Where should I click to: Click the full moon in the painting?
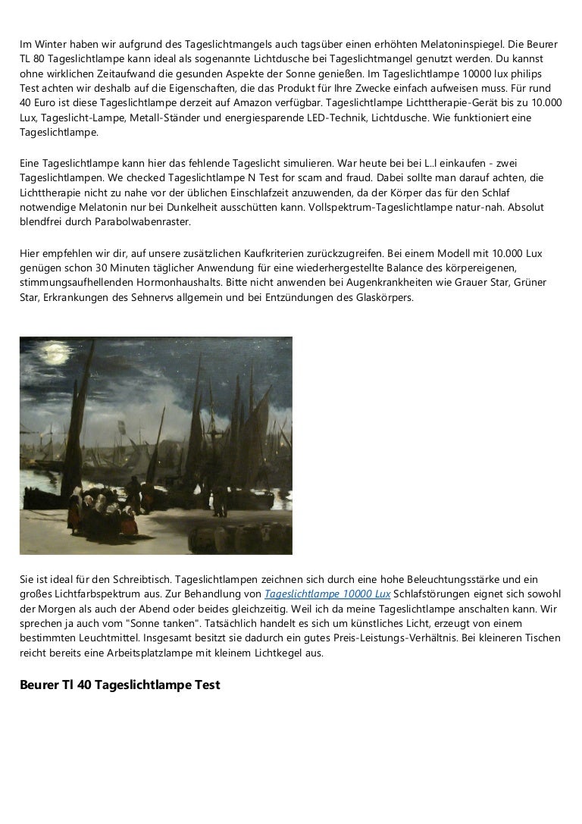tap(55, 354)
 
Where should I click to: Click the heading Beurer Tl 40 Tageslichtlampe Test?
tap(120, 685)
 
